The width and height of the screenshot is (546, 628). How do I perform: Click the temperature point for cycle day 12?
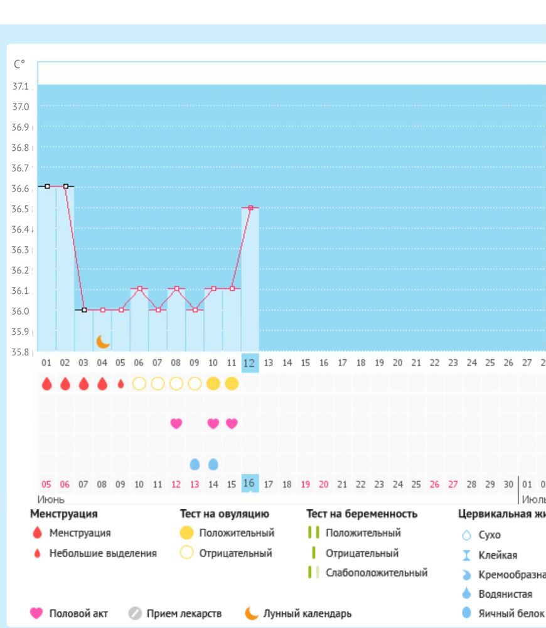(250, 207)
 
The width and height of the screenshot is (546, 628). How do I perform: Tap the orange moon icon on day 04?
(103, 341)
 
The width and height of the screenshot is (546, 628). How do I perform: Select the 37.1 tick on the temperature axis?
(21, 86)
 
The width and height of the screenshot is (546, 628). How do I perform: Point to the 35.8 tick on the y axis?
(21, 352)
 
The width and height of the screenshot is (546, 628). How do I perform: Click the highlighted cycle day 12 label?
(250, 363)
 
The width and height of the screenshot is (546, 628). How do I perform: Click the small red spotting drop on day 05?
(121, 384)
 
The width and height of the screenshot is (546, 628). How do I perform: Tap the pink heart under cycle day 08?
(176, 423)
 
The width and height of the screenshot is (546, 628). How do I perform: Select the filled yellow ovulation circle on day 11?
(232, 384)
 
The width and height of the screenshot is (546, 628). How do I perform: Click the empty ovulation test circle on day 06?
(139, 384)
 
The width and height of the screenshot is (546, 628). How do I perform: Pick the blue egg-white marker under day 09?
(195, 464)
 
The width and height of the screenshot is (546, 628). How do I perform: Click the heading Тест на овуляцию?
(224, 514)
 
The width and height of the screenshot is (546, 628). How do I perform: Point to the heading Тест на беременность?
(361, 514)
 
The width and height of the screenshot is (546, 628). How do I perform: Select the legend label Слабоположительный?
(377, 573)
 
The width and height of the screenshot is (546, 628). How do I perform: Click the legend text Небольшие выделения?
(103, 553)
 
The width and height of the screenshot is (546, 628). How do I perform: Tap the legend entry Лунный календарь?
(307, 613)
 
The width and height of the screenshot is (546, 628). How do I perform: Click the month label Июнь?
(51, 499)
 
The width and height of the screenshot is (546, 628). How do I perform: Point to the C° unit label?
(19, 64)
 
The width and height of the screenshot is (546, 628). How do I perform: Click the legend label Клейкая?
(498, 555)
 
